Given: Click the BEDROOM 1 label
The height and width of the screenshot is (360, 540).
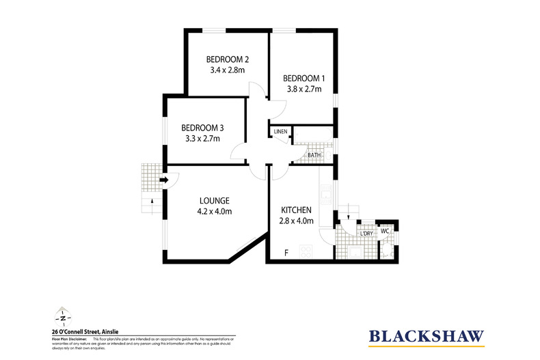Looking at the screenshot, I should (x=303, y=77).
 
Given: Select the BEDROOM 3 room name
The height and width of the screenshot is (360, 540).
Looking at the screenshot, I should (x=202, y=128).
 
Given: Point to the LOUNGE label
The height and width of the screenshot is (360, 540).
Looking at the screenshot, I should (x=214, y=200).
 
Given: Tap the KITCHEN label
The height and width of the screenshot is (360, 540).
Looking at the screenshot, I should (x=297, y=210).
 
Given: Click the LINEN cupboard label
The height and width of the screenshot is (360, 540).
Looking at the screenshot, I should (x=280, y=131).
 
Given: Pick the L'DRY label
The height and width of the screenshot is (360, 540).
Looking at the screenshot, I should (x=366, y=234).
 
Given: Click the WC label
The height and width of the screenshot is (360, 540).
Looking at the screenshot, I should (x=384, y=231).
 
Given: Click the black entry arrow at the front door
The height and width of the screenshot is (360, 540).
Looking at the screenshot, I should (x=164, y=180).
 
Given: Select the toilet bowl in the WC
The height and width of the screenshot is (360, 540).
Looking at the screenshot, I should (x=388, y=250).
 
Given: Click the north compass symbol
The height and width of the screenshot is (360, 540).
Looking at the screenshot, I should (x=62, y=317).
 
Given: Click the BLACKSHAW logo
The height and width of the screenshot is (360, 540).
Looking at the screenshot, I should (x=427, y=336).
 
